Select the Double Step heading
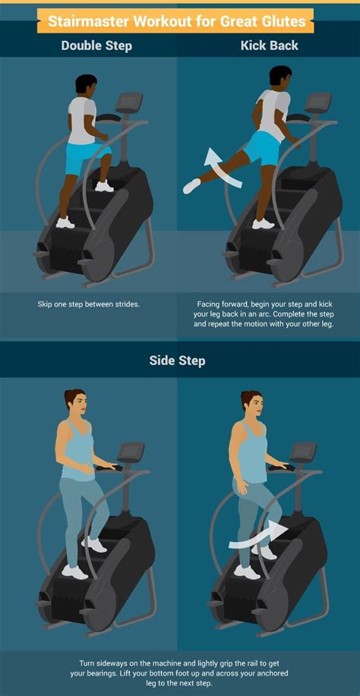(x=96, y=46)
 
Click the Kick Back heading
(x=270, y=46)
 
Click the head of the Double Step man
(x=85, y=86)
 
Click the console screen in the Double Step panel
(x=130, y=101)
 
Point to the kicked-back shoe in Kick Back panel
(x=191, y=186)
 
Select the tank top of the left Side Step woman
(x=77, y=454)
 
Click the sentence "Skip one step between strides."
(x=89, y=304)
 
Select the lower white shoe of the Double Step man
(x=65, y=222)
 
